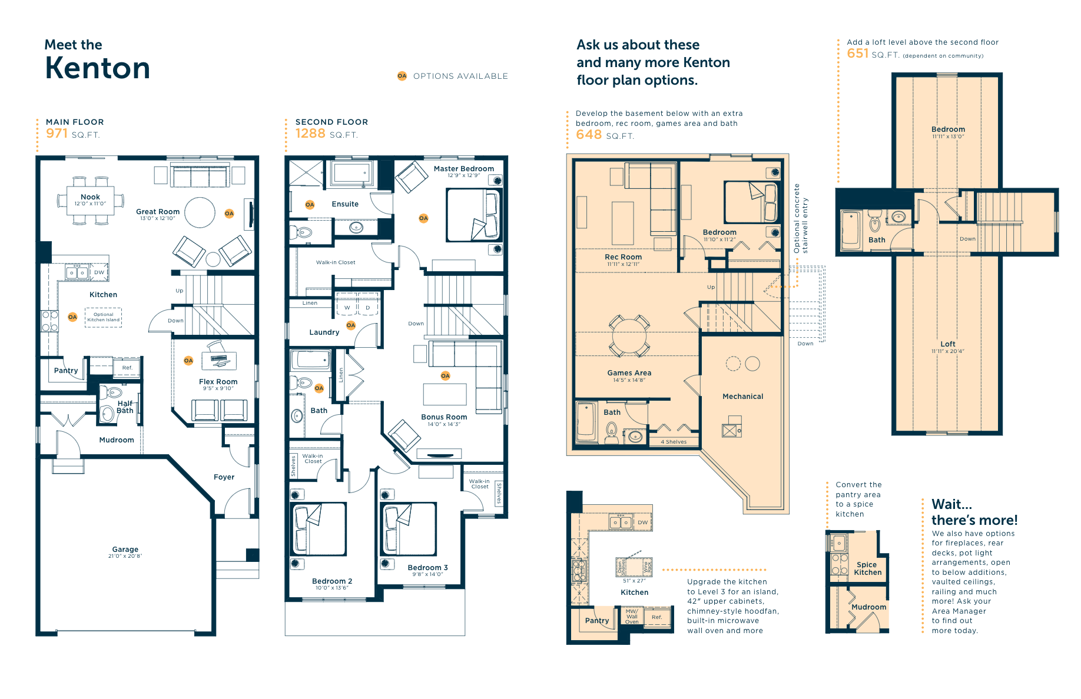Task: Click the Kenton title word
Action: coord(97,68)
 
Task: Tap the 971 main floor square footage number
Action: coord(57,134)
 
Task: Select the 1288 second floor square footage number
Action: coord(310,134)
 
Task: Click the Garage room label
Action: coord(125,550)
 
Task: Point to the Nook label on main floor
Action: coord(90,197)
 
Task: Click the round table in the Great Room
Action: coord(200,212)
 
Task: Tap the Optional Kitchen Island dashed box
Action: coord(104,317)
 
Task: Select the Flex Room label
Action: coord(218,382)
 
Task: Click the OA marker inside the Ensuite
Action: coord(310,205)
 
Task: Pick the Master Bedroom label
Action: coord(463,169)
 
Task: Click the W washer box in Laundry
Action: coord(347,307)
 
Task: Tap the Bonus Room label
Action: coord(444,417)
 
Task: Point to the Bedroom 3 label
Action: coord(427,568)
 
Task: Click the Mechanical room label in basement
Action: coord(742,397)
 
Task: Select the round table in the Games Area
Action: coord(629,337)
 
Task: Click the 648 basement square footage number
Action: coord(589,135)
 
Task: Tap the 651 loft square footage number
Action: coord(857,54)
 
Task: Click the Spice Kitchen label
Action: coord(867,568)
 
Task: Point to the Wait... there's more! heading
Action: coord(974,512)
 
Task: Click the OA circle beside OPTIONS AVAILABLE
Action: coord(402,76)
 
